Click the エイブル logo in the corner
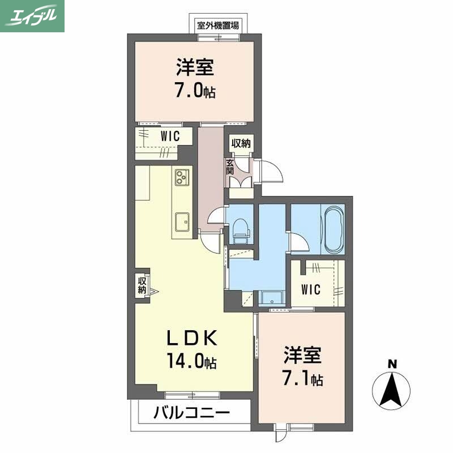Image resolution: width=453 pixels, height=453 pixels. [32, 15]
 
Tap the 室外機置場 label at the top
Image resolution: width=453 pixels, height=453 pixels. [217, 25]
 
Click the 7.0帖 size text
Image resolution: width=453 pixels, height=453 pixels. [195, 91]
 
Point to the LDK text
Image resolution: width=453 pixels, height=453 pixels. [191, 339]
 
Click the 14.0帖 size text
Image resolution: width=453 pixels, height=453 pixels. [191, 361]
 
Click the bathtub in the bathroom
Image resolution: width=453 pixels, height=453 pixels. [333, 231]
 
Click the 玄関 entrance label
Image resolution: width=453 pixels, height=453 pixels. [230, 168]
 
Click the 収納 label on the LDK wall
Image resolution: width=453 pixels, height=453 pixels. [142, 285]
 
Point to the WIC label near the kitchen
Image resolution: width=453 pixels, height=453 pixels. [170, 136]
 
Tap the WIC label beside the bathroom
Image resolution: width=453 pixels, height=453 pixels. [311, 289]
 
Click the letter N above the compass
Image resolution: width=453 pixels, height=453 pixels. [391, 364]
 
